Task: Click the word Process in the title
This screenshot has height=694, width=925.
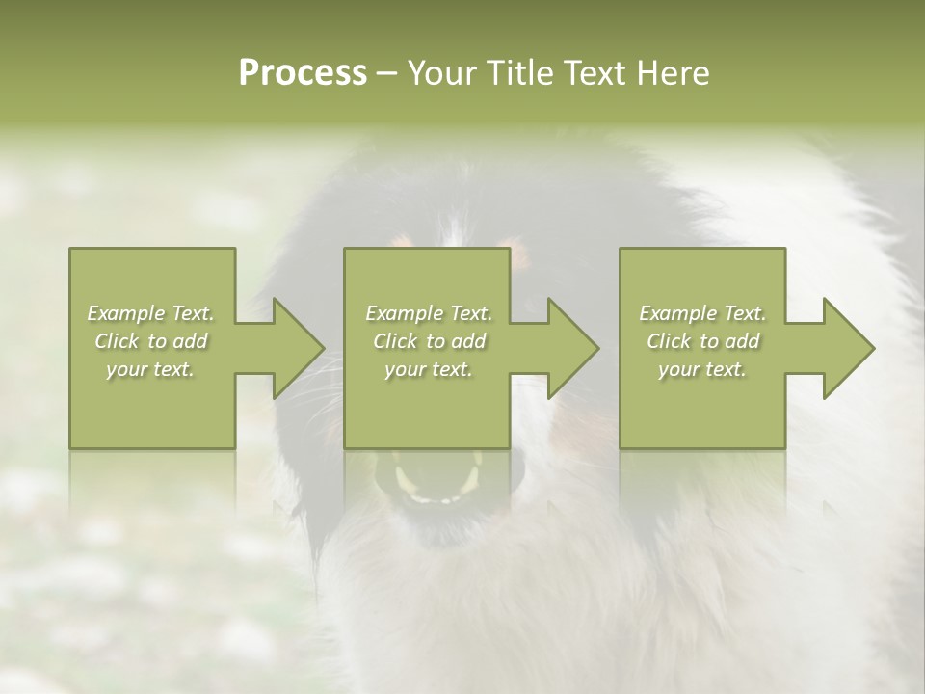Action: [x=303, y=73]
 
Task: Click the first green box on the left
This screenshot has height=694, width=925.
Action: [x=152, y=414]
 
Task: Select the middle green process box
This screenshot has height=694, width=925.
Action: [x=427, y=414]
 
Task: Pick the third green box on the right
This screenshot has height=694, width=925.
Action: [x=701, y=414]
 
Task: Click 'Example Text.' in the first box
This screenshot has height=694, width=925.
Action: [x=151, y=313]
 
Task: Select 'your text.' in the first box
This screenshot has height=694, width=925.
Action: [x=151, y=369]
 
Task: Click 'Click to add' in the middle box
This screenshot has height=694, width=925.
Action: [x=429, y=341]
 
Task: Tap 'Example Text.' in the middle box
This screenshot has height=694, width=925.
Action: [x=429, y=313]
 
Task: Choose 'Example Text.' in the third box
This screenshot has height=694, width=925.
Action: [x=702, y=313]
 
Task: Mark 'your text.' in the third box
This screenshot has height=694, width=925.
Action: [x=702, y=369]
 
